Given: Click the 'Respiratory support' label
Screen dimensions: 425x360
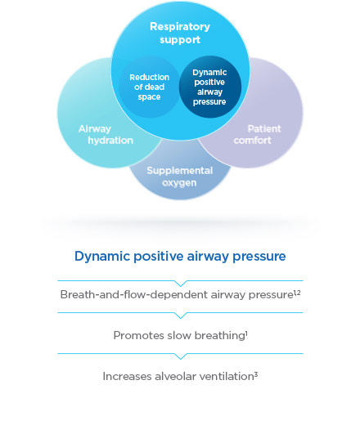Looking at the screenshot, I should pos(180,33).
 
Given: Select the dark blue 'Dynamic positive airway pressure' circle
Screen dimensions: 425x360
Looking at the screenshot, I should pos(209,87).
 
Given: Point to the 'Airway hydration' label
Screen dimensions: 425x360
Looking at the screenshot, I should pos(106,135).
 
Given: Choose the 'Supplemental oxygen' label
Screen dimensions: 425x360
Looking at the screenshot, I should pos(180,176).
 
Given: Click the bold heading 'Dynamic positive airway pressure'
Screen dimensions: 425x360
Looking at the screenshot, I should pos(180,257).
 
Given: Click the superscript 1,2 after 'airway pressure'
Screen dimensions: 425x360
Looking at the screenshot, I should pos(295,291).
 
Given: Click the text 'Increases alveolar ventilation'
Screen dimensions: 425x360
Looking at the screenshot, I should pos(177,376).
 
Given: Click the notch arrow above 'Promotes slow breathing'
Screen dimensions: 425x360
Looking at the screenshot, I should pos(180,315).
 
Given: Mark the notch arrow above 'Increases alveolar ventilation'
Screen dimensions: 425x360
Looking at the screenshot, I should pos(180,356).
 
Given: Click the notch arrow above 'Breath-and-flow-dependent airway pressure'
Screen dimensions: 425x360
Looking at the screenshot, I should pos(180,283).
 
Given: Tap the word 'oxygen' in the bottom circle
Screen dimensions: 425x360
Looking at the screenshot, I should pos(180,182).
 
